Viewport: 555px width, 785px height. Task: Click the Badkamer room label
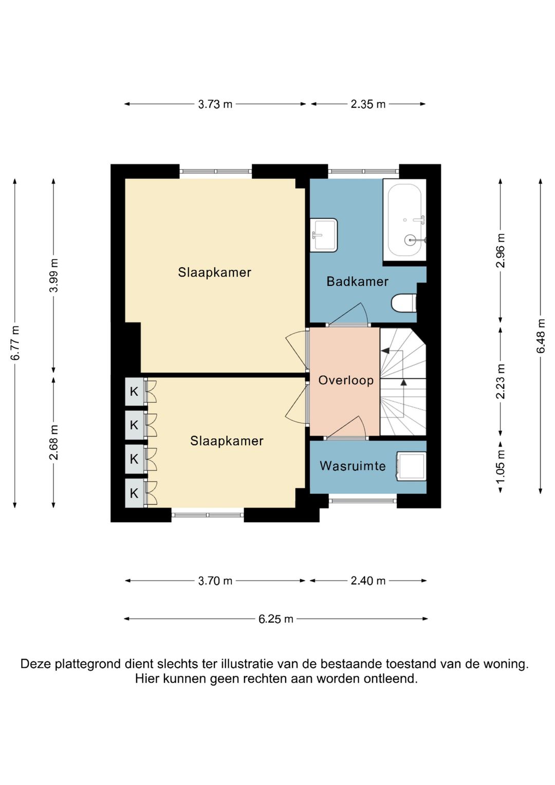357,281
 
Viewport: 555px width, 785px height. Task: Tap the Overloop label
346,380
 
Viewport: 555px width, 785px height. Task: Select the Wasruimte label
353,466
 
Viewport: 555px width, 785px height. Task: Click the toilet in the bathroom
403,303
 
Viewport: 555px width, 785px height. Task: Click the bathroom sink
323,235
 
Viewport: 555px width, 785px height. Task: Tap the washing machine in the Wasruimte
411,466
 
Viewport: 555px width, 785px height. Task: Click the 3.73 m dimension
215,104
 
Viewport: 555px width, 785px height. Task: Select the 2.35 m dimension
368,104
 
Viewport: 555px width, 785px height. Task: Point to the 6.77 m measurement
15,343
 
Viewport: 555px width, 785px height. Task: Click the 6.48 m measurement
541,336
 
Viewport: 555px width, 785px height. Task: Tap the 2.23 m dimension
501,381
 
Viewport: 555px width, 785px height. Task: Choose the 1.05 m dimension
501,467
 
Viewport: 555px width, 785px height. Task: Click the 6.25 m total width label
276,619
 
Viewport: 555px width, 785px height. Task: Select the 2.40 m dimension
368,581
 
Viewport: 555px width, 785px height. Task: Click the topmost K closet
134,391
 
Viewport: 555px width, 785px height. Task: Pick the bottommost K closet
134,493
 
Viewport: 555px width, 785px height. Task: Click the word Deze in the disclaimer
35,664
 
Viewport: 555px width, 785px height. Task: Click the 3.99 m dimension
53,276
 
